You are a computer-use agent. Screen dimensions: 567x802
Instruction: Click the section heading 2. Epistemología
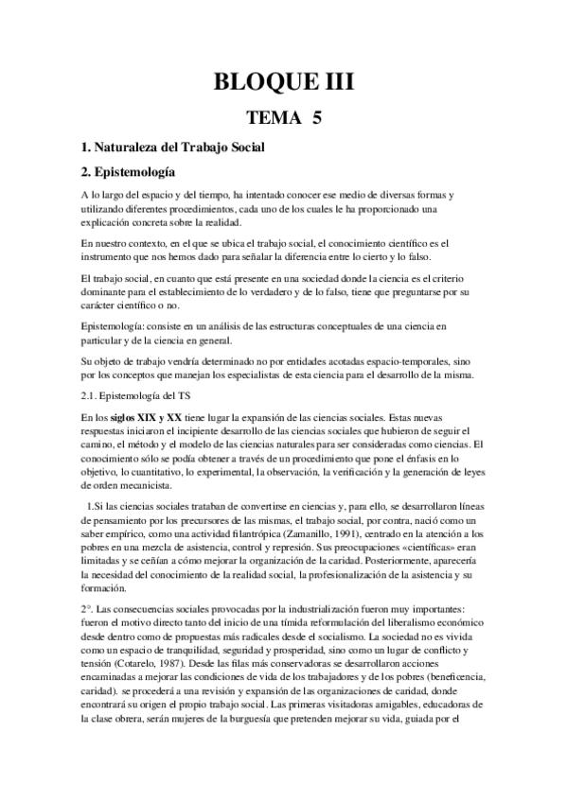click(129, 173)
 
